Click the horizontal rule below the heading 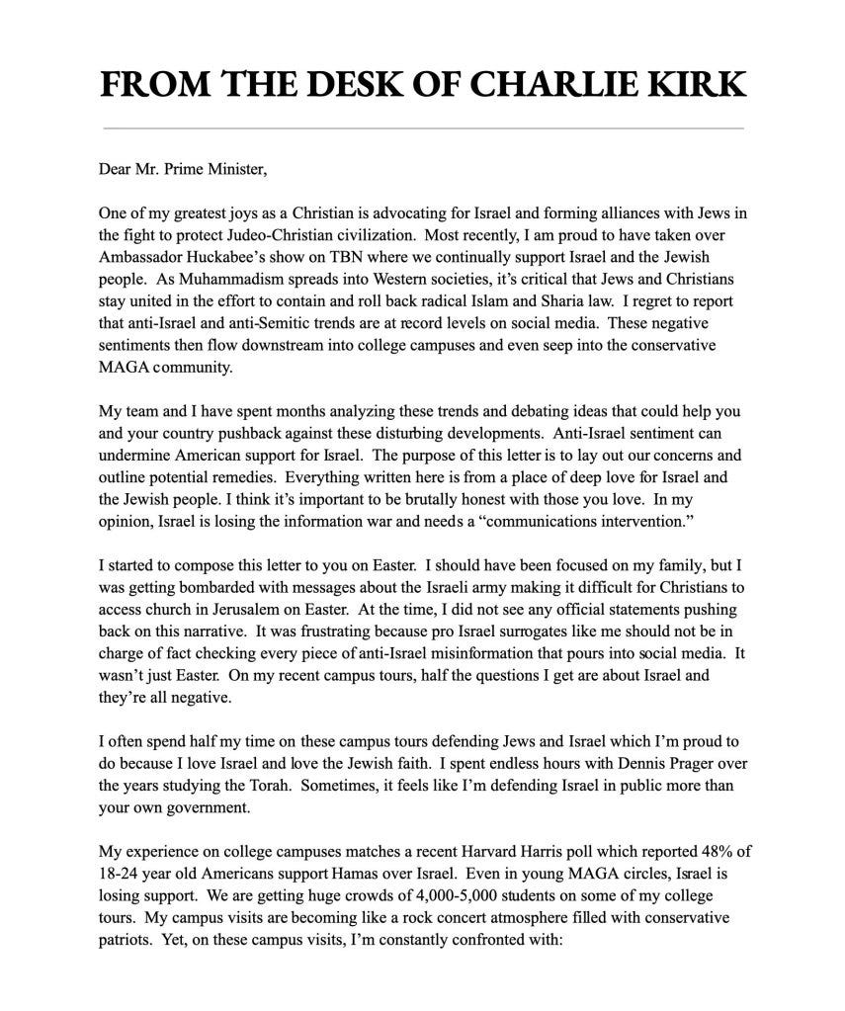[x=422, y=128]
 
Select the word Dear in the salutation [x=116, y=168]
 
